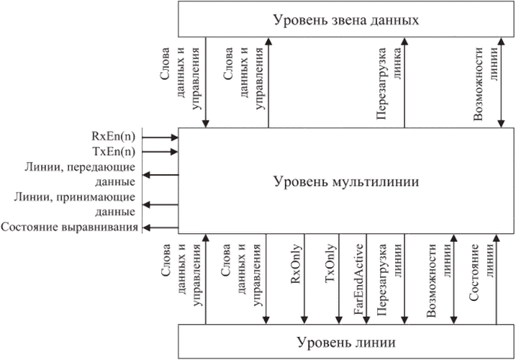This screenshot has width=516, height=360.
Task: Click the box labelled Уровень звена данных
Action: [x=345, y=19]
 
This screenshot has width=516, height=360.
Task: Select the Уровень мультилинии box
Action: [x=345, y=180]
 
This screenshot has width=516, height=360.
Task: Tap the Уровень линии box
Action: [x=345, y=341]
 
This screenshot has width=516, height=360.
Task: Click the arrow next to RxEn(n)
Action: [x=160, y=136]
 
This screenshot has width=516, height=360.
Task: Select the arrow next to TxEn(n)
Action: [x=160, y=151]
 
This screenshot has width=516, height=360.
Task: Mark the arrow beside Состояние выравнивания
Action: [x=159, y=228]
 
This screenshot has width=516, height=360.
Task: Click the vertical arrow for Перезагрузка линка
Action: [x=405, y=83]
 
